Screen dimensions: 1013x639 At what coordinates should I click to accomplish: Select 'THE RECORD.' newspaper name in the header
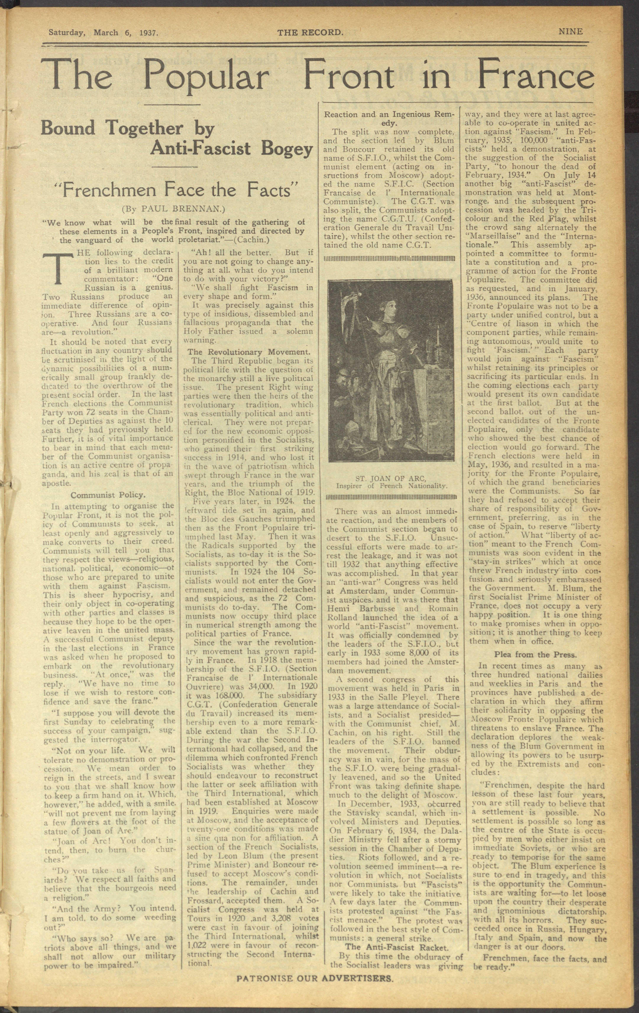pos(310,32)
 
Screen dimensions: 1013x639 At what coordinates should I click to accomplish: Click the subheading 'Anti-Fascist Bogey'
pos(232,149)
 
